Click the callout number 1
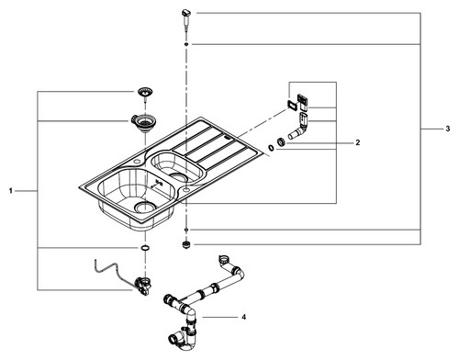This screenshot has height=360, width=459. click(x=11, y=191)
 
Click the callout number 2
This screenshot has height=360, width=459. click(x=358, y=142)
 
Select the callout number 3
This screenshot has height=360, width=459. click(x=448, y=129)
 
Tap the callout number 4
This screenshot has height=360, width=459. click(x=243, y=317)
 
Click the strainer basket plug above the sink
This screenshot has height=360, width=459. click(x=145, y=94)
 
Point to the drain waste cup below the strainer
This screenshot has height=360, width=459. click(x=140, y=123)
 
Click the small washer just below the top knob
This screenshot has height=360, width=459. click(x=186, y=45)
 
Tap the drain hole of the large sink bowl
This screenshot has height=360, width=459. click(x=146, y=208)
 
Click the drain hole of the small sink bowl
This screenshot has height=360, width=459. click(x=177, y=176)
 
